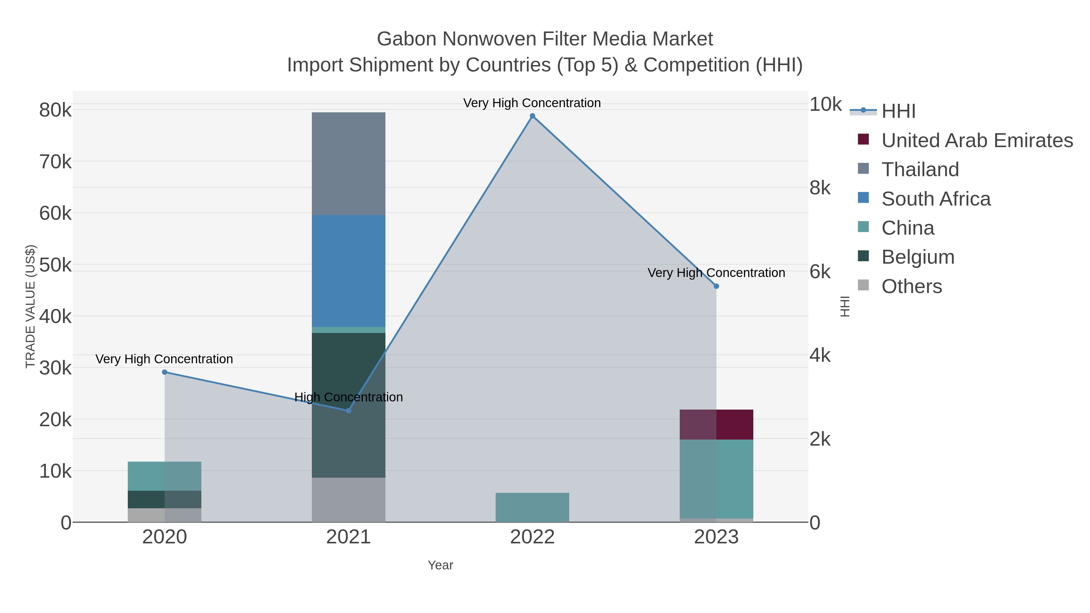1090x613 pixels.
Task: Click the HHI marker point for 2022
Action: point(532,116)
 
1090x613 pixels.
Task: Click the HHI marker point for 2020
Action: point(165,372)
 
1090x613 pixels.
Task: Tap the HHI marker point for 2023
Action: point(716,286)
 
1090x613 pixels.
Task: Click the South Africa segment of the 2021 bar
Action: point(348,271)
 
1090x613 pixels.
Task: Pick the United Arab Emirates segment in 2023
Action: point(716,424)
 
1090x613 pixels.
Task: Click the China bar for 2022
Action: point(532,507)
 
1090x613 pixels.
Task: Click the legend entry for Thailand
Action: point(920,170)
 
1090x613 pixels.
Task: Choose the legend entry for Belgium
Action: point(918,257)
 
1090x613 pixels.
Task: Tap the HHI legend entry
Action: point(898,111)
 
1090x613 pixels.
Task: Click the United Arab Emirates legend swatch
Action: point(863,140)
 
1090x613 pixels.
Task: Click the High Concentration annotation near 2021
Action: point(348,397)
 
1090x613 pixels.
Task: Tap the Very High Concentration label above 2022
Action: point(532,103)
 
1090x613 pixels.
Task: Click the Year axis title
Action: point(440,565)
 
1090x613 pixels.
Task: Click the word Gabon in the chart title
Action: point(406,39)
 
